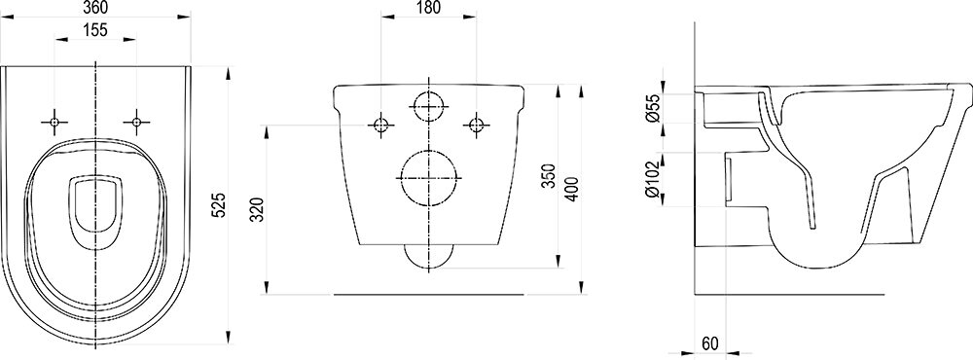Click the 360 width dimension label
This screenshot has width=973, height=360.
[95, 8]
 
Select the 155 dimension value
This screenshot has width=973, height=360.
[95, 29]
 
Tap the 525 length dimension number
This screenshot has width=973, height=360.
[219, 205]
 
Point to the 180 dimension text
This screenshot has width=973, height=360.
[428, 8]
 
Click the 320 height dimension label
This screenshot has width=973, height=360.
[260, 209]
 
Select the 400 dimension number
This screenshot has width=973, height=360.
[571, 189]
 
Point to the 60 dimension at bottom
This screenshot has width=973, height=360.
[710, 343]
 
